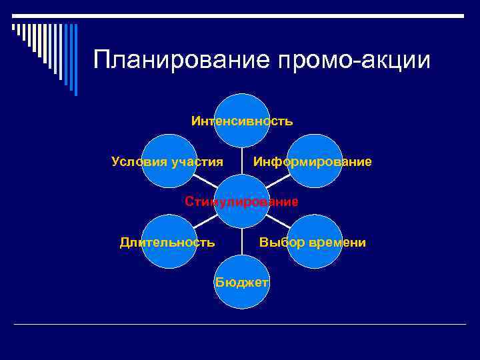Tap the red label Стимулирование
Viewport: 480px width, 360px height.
pyautogui.click(x=241, y=201)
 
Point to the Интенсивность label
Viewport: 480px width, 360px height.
pyautogui.click(x=241, y=121)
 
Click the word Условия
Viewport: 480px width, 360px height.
pyautogui.click(x=139, y=162)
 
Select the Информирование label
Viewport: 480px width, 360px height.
pyautogui.click(x=312, y=162)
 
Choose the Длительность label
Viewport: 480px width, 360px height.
pyautogui.click(x=167, y=242)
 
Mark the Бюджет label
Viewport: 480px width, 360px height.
pyautogui.click(x=241, y=282)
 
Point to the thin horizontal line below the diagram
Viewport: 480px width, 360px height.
pyautogui.click(x=240, y=324)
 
